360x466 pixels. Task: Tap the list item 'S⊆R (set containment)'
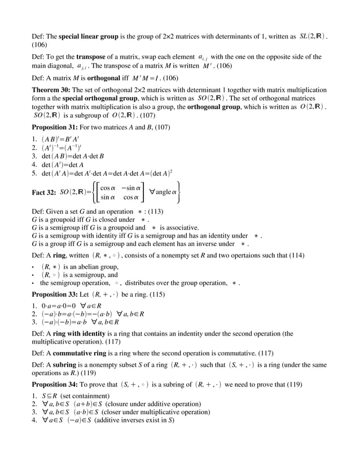pos(75,395)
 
